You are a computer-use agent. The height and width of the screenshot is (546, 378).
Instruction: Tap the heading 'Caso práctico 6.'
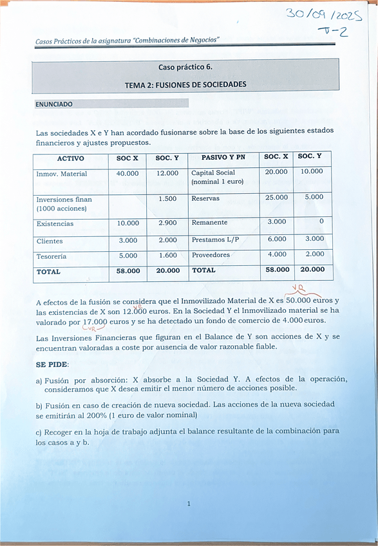(185, 67)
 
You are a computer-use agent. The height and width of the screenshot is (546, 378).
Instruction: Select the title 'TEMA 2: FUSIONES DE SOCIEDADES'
(185, 84)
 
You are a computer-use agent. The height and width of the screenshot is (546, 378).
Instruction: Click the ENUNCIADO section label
(55, 104)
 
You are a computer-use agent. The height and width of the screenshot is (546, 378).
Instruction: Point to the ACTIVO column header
(70, 158)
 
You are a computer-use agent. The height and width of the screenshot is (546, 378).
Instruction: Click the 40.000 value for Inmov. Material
(128, 174)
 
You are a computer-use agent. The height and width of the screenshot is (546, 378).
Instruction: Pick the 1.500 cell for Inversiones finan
(167, 199)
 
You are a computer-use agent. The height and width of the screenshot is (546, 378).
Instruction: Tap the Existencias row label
(55, 224)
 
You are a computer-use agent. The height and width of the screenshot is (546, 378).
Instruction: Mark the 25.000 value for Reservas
(277, 198)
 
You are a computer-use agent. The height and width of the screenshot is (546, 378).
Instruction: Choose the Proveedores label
(211, 255)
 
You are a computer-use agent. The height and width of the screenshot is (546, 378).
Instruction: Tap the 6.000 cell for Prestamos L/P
(277, 239)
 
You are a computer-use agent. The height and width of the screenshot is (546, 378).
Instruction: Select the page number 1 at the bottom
(189, 504)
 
